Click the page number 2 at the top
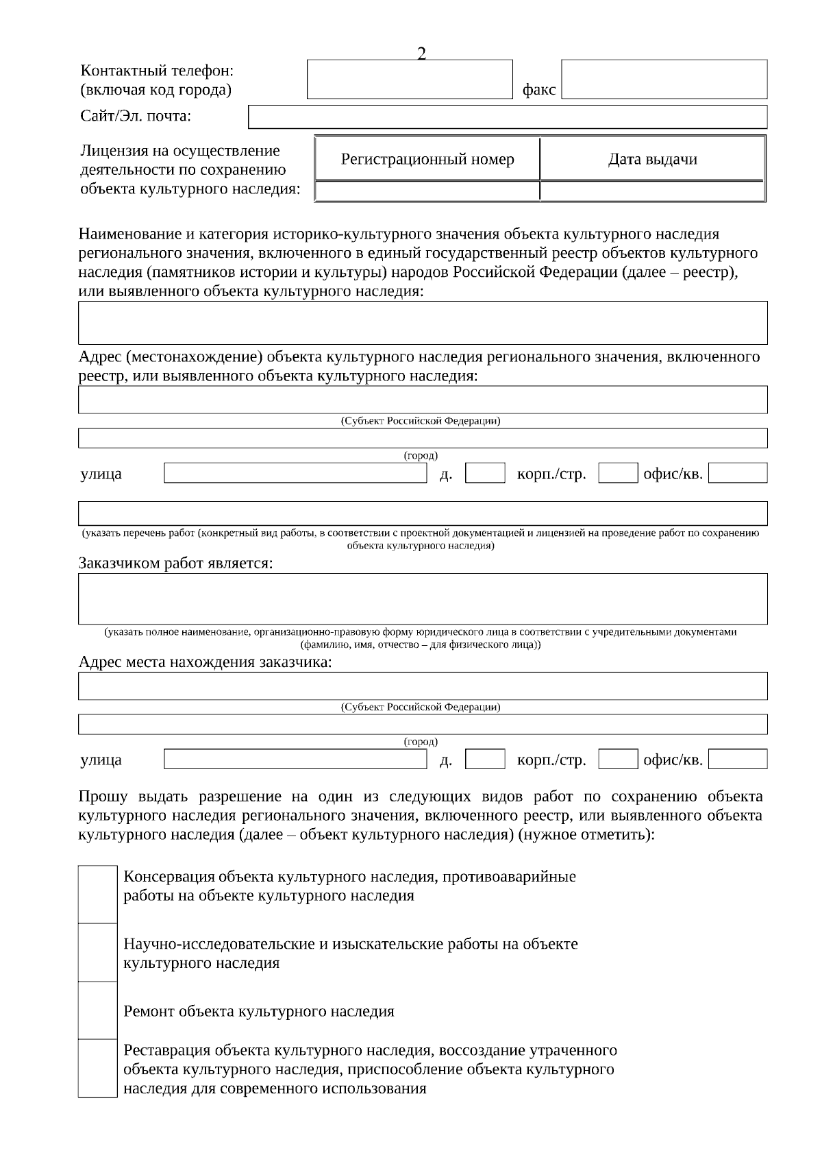[x=421, y=54]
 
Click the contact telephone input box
[x=410, y=80]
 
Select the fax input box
[x=664, y=80]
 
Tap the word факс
[x=538, y=90]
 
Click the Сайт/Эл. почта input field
[x=507, y=117]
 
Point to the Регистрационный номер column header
[x=427, y=160]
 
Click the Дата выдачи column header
[x=652, y=160]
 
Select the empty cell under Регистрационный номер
[x=427, y=191]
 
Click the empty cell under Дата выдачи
[x=652, y=191]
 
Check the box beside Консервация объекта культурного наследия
[x=97, y=895]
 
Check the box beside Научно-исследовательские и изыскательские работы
[x=97, y=952]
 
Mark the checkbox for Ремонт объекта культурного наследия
[x=97, y=1010]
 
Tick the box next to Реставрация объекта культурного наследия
[x=97, y=1068]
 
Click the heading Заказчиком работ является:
[x=175, y=563]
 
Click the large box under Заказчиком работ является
[x=423, y=598]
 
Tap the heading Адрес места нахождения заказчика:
[x=205, y=662]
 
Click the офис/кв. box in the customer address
[x=738, y=759]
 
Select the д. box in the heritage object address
[x=485, y=473]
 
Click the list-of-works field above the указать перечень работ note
[x=423, y=513]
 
